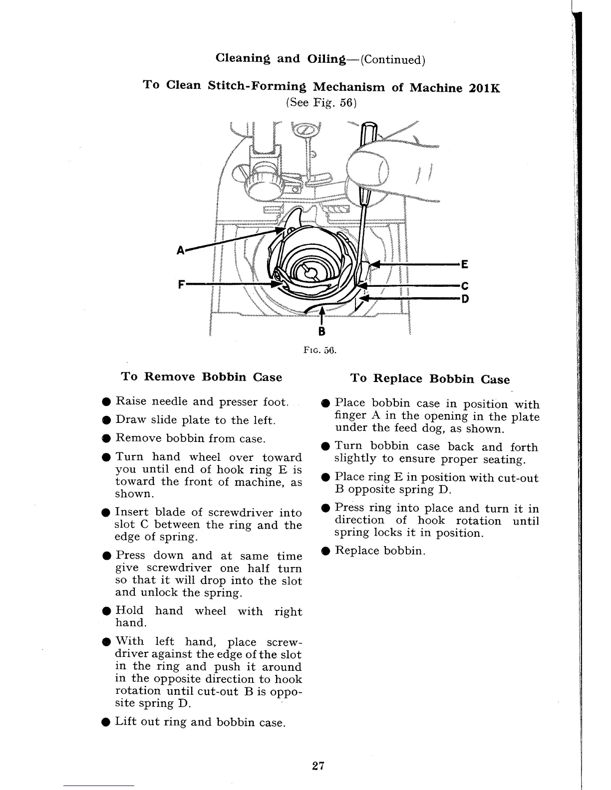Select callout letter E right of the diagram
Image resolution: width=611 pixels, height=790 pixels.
[464, 264]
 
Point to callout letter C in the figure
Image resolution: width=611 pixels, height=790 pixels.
[464, 286]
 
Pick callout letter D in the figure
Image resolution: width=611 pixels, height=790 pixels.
[464, 299]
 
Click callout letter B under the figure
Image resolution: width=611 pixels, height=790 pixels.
[321, 331]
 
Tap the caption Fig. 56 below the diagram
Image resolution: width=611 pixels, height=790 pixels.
[320, 350]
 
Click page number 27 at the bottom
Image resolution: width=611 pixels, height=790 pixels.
[318, 766]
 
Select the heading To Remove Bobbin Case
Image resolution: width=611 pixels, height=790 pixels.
[202, 377]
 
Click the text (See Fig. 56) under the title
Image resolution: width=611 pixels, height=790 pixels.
[320, 103]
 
